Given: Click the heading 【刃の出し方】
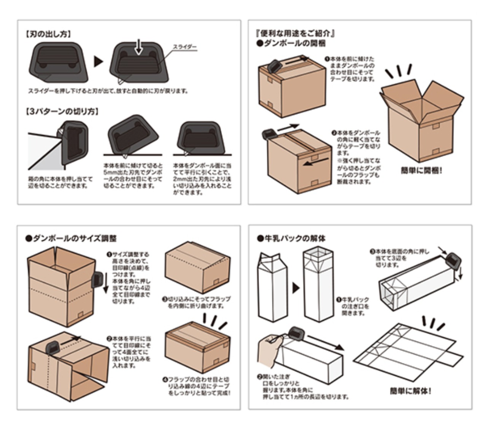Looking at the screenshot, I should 48,34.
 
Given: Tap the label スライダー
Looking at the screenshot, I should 185,47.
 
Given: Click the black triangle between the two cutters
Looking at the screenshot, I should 99,62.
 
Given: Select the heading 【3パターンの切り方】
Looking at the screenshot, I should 62,111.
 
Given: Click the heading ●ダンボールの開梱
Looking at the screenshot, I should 291,43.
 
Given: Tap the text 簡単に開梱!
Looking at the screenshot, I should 422,171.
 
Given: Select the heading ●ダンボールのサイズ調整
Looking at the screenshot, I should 71,239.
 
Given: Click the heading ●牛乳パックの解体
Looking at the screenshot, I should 291,239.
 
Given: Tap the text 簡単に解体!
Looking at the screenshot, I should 411,391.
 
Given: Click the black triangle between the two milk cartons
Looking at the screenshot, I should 296,288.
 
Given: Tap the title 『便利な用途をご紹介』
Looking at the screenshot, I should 295,33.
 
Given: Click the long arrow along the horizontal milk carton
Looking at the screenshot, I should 325,342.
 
